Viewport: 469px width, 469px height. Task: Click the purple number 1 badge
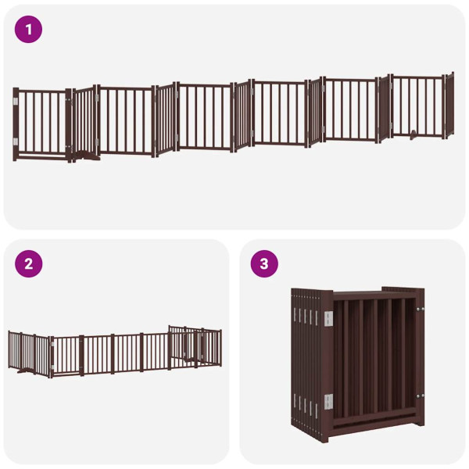tap(29, 30)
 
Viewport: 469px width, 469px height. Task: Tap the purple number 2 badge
tap(29, 264)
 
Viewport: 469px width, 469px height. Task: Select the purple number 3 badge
tap(264, 264)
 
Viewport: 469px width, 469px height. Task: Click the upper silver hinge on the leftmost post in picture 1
tap(15, 101)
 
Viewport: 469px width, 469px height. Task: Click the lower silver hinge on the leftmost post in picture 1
tap(15, 141)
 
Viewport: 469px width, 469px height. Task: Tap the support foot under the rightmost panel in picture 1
tap(412, 134)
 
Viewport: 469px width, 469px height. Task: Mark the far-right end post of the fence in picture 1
tap(451, 106)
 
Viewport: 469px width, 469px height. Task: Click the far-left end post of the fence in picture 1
tap(16, 124)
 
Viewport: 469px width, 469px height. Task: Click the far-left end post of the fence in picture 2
tap(9, 350)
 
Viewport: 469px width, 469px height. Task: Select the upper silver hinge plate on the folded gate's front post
tap(328, 317)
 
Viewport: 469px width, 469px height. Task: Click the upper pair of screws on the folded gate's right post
tap(420, 311)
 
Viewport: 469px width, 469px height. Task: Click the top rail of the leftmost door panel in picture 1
tap(43, 91)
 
